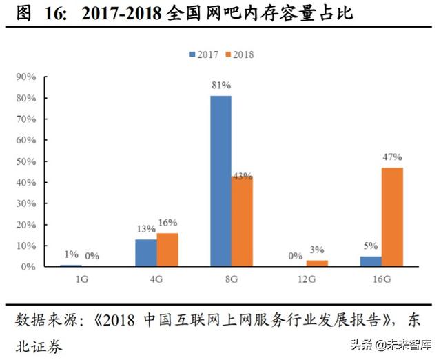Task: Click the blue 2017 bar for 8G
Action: pos(220,181)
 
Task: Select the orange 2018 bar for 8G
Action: pos(242,221)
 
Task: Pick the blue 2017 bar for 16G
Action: pos(371,261)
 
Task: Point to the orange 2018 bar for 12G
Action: pos(317,263)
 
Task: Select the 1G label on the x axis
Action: pos(81,280)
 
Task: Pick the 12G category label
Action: pos(306,280)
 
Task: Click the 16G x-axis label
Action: pos(381,280)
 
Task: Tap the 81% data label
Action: pos(220,86)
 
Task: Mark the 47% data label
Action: pos(392,157)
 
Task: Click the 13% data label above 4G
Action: pos(145,229)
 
